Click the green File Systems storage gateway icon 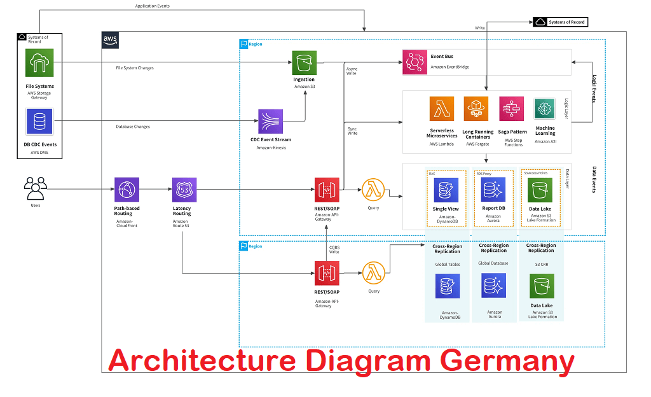coord(39,64)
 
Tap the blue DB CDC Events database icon coord(39,122)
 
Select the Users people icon coord(35,188)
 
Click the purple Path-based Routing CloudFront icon coord(127,190)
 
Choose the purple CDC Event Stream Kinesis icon coord(270,121)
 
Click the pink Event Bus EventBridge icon coord(415,62)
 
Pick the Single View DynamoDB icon coord(446,190)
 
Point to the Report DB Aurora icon coord(493,190)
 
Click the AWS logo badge coord(110,41)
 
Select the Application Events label coord(153,6)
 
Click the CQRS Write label coord(334,249)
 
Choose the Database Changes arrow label coord(133,127)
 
